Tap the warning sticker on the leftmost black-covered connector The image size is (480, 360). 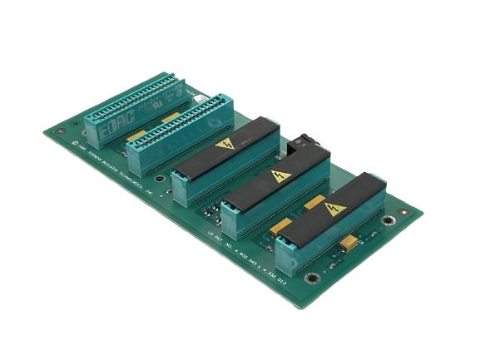point(225,145)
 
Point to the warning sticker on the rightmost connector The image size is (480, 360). point(335,209)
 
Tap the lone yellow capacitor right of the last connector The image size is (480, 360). point(349,242)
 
